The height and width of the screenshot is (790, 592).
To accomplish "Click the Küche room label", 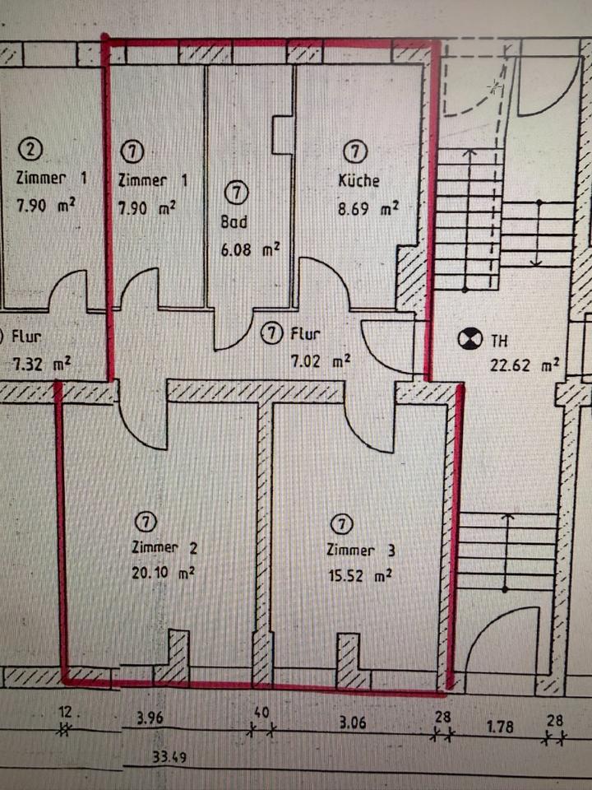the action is click(358, 181).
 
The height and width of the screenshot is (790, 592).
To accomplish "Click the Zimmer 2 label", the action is click(163, 548).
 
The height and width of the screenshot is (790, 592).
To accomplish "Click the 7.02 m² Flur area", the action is click(322, 360).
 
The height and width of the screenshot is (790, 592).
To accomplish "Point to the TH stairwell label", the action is click(499, 338).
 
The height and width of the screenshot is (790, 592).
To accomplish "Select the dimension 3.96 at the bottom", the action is click(150, 718).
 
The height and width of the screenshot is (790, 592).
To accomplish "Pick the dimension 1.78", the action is click(499, 727).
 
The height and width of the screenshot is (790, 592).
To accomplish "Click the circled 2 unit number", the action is click(31, 150).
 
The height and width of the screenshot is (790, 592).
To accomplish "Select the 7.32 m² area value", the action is click(39, 363).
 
